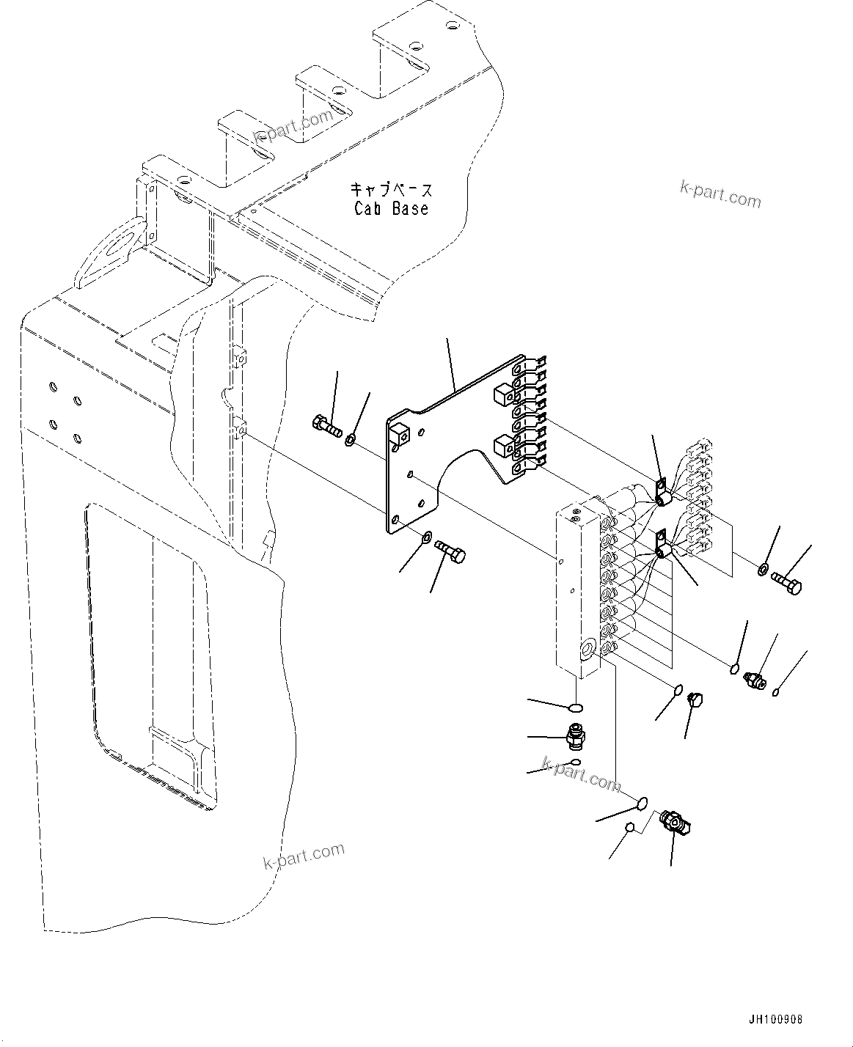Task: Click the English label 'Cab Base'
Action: point(391,208)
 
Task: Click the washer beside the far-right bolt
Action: point(763,569)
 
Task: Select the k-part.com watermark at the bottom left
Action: point(304,856)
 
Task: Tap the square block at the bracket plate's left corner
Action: point(398,436)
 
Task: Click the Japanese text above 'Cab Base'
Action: point(391,190)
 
